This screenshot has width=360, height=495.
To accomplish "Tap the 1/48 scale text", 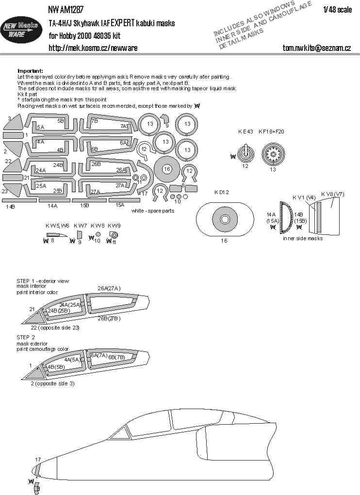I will pyautogui.click(x=338, y=10).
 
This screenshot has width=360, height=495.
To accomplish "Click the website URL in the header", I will pyautogui.click(x=93, y=48).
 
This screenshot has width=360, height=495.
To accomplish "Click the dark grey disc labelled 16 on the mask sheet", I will pyautogui.click(x=166, y=169).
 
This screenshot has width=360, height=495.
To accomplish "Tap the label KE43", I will pyautogui.click(x=246, y=132).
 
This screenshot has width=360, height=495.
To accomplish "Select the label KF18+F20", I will pyautogui.click(x=272, y=132).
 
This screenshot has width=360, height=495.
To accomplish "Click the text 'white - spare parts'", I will pyautogui.click(x=152, y=211).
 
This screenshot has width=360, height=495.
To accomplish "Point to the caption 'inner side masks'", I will pyautogui.click(x=302, y=239).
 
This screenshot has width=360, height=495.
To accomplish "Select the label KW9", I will pyautogui.click(x=114, y=226).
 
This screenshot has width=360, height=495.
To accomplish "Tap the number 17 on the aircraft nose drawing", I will pyautogui.click(x=37, y=459).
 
